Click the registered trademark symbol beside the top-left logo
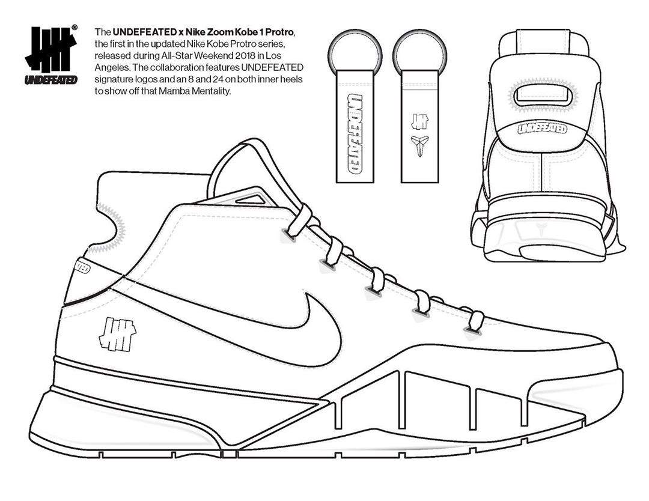click(74, 27)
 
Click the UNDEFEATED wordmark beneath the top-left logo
click(50, 79)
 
